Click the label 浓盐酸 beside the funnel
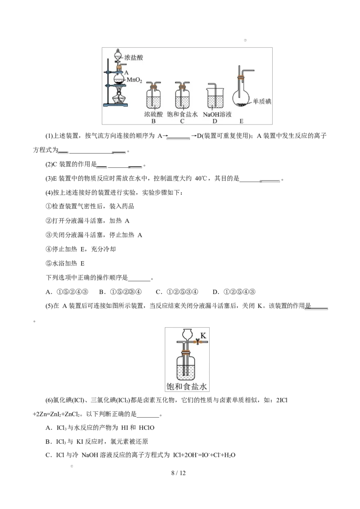click(x=133, y=58)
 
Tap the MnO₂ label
click(x=135, y=80)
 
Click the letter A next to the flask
click(x=126, y=72)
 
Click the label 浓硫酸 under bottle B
click(x=153, y=115)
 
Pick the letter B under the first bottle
click(x=153, y=121)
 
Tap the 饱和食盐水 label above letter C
click(x=182, y=115)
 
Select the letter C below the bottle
click(x=182, y=121)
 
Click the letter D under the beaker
click(x=215, y=121)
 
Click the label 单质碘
click(x=262, y=102)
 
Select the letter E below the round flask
click(x=242, y=121)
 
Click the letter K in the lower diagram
click(x=203, y=335)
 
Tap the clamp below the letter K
click(x=197, y=342)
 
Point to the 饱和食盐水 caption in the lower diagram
click(x=187, y=386)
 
